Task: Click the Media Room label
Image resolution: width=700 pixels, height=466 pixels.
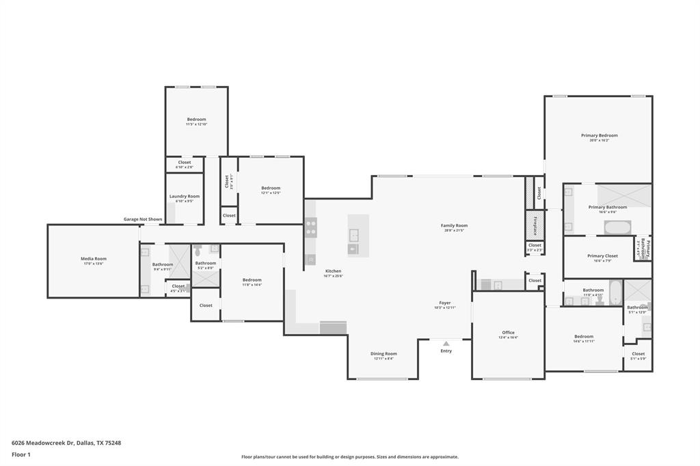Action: click(x=94, y=259)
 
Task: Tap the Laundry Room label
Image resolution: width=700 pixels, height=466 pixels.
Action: click(x=185, y=196)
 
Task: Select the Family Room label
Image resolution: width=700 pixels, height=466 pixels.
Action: click(x=454, y=225)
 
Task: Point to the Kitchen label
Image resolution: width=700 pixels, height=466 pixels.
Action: click(x=333, y=271)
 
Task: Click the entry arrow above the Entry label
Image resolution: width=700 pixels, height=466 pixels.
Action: click(x=446, y=344)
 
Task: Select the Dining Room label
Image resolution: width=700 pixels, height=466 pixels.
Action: click(x=383, y=354)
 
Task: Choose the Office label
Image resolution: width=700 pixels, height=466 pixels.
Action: click(x=508, y=333)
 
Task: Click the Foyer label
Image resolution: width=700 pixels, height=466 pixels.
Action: click(x=444, y=303)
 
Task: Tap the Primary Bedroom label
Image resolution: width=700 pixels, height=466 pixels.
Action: click(x=599, y=135)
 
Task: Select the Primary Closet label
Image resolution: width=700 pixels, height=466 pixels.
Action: click(x=602, y=256)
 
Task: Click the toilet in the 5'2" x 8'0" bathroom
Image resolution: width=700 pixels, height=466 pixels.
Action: click(x=198, y=250)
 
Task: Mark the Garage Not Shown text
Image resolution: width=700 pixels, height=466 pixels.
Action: click(x=143, y=219)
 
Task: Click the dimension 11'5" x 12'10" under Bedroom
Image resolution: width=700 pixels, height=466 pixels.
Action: click(x=196, y=124)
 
